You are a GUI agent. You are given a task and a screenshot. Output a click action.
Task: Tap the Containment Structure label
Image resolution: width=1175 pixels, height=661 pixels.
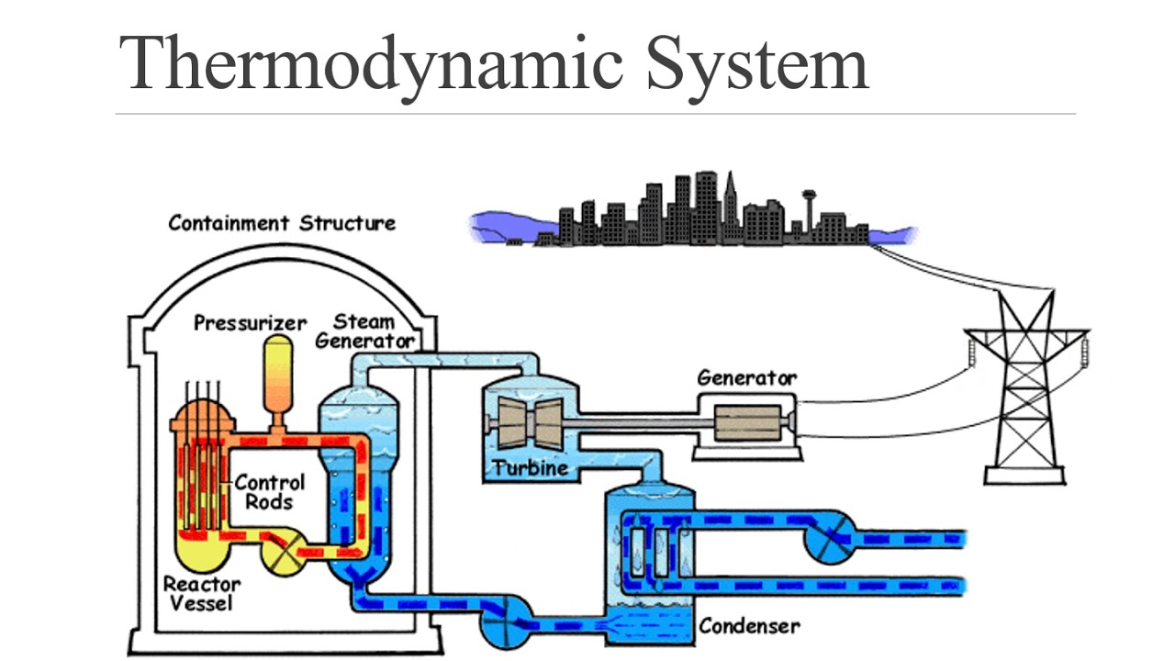282,223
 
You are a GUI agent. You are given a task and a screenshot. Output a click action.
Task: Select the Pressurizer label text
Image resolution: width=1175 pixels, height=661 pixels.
250,323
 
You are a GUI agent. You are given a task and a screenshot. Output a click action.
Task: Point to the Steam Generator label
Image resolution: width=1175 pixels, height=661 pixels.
364,330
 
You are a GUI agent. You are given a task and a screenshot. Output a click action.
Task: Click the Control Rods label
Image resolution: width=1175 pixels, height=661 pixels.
270,491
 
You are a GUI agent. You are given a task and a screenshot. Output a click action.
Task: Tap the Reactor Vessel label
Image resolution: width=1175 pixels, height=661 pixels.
202,593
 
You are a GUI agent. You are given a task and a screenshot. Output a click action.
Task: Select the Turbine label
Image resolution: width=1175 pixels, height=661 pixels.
530,469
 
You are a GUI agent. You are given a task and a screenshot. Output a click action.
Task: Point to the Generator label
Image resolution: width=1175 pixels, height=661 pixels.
746,377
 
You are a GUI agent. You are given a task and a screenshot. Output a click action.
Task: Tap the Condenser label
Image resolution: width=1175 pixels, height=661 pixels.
749,626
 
